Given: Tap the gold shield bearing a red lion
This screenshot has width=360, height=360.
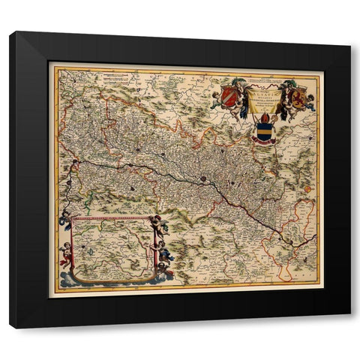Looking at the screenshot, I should [x=298, y=97].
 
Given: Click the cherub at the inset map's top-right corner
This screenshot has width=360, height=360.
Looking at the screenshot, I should [x=158, y=224].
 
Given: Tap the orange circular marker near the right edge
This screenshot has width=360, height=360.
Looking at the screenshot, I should [x=307, y=189].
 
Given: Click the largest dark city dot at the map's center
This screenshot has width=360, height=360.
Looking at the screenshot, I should [x=202, y=179].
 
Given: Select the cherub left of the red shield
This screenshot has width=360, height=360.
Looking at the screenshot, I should [x=216, y=99].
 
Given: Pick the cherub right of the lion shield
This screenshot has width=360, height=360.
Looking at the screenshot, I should [x=310, y=101].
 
